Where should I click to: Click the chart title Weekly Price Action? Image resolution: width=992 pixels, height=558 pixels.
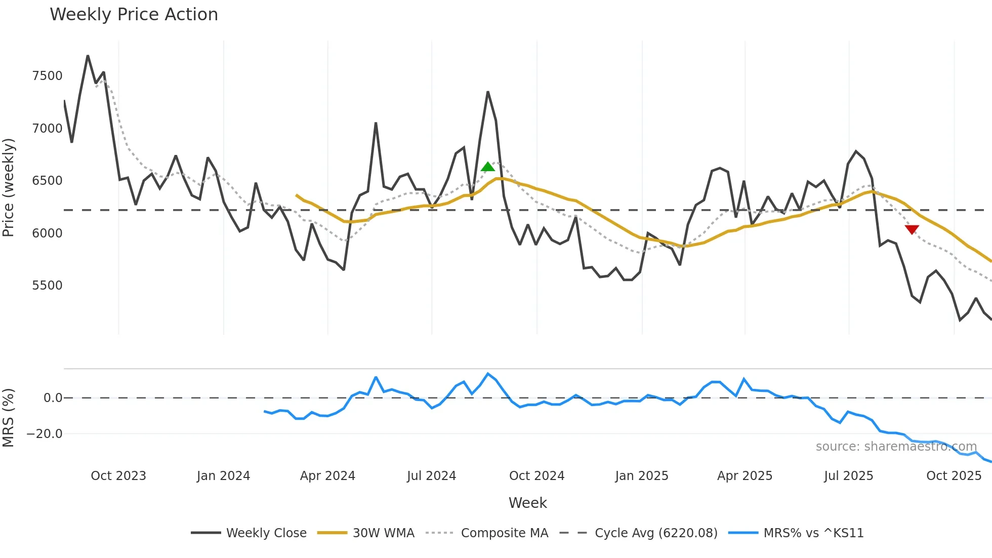[134, 15]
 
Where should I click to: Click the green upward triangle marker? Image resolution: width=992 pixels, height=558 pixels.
[488, 167]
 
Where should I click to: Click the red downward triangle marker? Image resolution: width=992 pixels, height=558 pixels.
[912, 229]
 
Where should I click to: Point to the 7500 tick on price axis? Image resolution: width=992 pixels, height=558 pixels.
[47, 76]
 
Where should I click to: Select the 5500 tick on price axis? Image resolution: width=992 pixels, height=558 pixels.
[47, 286]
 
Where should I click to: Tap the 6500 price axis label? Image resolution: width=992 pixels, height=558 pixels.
[47, 181]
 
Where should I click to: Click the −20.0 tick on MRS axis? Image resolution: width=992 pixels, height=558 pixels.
[45, 434]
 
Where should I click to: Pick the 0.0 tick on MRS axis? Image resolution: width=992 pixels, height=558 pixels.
[53, 398]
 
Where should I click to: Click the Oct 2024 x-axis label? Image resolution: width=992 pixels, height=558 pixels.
[536, 476]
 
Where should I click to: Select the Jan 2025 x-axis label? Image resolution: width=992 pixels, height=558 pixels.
[641, 476]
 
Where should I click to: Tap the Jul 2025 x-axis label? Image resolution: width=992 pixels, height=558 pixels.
[848, 476]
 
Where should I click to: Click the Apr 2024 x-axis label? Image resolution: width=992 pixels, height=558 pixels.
[327, 476]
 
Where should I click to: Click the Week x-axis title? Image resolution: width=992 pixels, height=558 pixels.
[527, 503]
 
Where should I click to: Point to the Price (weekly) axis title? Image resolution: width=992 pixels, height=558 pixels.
[9, 187]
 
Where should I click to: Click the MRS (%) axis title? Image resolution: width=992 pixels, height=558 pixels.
[9, 418]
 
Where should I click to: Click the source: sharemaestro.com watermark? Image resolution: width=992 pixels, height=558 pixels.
[896, 447]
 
